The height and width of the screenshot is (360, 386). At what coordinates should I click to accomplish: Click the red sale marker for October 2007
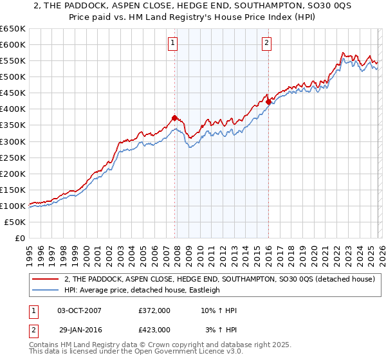pyautogui.click(x=174, y=118)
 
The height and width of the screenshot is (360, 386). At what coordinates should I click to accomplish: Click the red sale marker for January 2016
pyautogui.click(x=268, y=101)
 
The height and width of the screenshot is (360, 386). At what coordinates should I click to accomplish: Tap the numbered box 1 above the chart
pyautogui.click(x=173, y=43)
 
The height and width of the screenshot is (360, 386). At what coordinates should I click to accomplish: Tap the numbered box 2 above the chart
pyautogui.click(x=266, y=43)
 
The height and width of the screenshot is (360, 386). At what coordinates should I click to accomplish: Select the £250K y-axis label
pyautogui.click(x=14, y=157)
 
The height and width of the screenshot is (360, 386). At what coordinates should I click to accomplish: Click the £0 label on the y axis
pyautogui.click(x=19, y=238)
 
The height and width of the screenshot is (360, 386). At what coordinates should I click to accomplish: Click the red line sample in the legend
pyautogui.click(x=45, y=279)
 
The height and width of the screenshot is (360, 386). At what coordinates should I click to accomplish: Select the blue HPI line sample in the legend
pyautogui.click(x=45, y=290)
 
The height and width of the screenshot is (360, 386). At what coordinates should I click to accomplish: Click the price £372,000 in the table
pyautogui.click(x=154, y=310)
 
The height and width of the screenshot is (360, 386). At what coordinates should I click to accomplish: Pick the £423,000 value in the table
pyautogui.click(x=154, y=329)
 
